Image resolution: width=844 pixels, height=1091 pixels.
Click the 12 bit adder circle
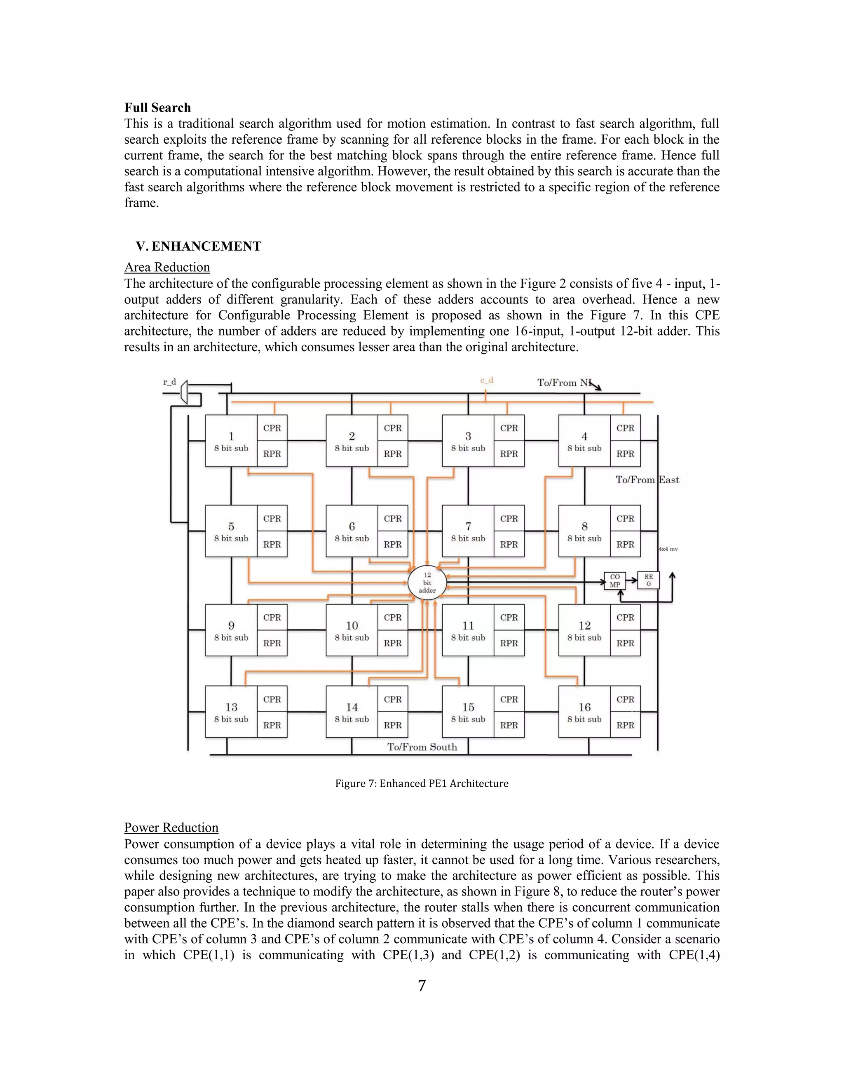(427, 583)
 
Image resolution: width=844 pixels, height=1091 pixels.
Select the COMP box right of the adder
(614, 580)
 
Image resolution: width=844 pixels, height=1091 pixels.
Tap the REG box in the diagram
(649, 580)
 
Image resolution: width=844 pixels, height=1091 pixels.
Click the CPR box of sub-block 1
(272, 428)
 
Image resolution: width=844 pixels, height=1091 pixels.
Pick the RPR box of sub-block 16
(625, 725)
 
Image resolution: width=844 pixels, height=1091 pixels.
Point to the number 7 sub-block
(468, 531)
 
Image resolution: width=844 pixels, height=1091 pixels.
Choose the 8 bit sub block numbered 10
(352, 630)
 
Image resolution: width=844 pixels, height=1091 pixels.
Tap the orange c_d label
(487, 380)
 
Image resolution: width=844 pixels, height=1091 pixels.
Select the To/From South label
(422, 747)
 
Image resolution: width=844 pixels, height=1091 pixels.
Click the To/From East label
(647, 480)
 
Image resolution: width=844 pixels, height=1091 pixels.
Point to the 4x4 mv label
(668, 549)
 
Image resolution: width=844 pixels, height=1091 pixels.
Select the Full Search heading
(157, 107)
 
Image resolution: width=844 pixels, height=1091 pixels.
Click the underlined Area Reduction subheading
(167, 267)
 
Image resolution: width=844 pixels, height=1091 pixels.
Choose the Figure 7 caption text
(422, 783)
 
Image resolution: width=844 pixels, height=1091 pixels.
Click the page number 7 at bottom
(422, 986)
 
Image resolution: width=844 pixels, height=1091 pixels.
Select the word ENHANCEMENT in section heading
(206, 246)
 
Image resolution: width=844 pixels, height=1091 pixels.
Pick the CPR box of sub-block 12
(625, 618)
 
